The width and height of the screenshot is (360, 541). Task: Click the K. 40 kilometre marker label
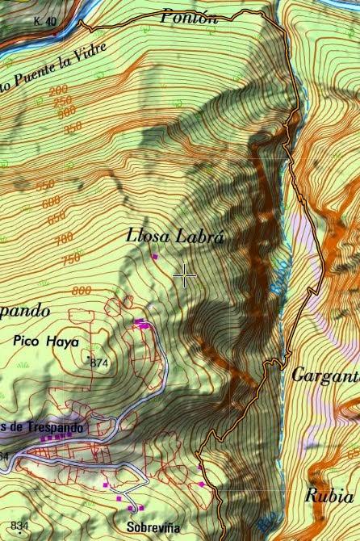pyautogui.click(x=45, y=20)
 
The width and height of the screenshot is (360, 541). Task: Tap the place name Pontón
pyautogui.click(x=190, y=16)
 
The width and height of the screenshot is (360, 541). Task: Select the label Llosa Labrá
pyautogui.click(x=174, y=236)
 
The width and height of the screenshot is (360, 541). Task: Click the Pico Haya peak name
pyautogui.click(x=46, y=341)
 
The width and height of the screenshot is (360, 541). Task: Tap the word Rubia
pyautogui.click(x=329, y=495)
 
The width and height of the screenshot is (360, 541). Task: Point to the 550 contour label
pyautogui.click(x=46, y=185)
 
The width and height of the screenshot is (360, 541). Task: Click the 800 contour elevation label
pyautogui.click(x=82, y=291)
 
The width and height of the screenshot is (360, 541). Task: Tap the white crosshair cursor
pyautogui.click(x=186, y=276)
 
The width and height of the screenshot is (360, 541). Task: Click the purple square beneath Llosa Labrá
pyautogui.click(x=154, y=256)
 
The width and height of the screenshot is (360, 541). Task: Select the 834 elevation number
pyautogui.click(x=20, y=526)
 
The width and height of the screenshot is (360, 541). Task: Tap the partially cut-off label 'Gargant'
pyautogui.click(x=324, y=375)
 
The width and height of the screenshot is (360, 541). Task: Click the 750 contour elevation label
pyautogui.click(x=70, y=259)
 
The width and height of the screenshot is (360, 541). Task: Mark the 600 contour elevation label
pyautogui.click(x=52, y=203)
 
